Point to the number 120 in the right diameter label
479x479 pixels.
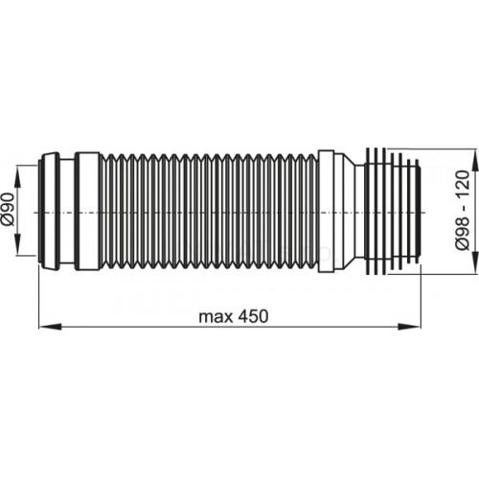(463, 182)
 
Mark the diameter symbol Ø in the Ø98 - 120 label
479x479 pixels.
(463, 248)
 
